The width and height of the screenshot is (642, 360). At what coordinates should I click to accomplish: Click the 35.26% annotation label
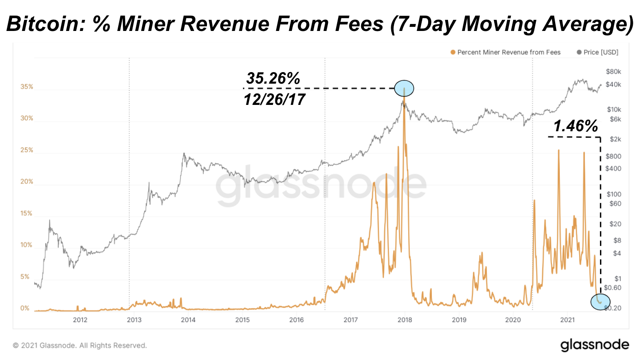click(x=273, y=79)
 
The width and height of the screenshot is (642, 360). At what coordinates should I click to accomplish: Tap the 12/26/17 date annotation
click(x=275, y=98)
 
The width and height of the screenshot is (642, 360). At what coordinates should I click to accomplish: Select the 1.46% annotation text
click(x=575, y=126)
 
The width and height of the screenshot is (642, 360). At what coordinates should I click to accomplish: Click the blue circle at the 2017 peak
click(x=404, y=88)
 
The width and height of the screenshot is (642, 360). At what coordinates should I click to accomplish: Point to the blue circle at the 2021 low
click(x=600, y=301)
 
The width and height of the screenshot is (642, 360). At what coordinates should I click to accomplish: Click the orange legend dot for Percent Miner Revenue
click(x=453, y=52)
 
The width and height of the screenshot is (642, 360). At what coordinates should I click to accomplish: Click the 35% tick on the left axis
click(x=27, y=87)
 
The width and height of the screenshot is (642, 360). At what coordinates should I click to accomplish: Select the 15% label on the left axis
click(x=27, y=214)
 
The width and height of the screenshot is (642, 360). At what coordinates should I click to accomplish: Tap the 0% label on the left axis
click(x=25, y=308)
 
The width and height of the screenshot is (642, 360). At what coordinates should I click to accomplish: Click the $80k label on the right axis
click(x=614, y=71)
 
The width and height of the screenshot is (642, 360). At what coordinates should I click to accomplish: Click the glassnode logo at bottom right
click(x=595, y=345)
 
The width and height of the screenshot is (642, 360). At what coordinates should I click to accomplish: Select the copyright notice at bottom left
click(x=80, y=345)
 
